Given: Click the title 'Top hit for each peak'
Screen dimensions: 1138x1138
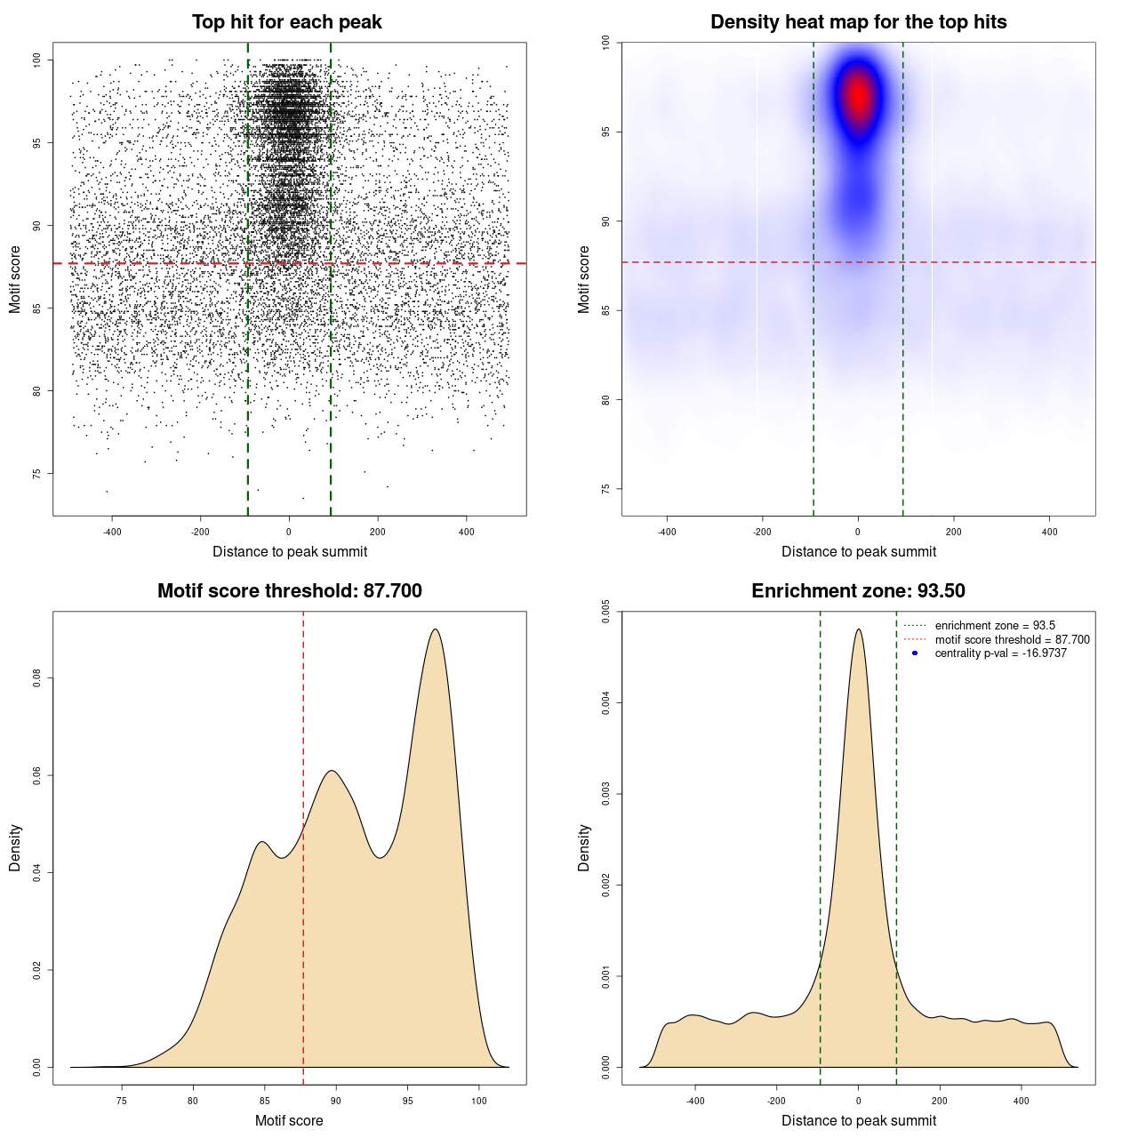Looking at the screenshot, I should (286, 22).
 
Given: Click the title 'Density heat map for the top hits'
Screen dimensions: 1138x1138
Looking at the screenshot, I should (858, 22).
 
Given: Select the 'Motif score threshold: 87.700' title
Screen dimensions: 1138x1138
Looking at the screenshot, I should (289, 591).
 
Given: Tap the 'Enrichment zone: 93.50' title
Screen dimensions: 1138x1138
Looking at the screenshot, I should (858, 591).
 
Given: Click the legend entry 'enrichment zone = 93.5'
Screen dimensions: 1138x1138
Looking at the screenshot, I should (995, 626).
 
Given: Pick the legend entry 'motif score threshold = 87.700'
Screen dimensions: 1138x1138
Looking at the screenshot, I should (1012, 640).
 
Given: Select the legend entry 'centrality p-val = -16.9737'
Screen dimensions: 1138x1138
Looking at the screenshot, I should (1000, 653).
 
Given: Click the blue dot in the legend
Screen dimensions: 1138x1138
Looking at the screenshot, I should (915, 653).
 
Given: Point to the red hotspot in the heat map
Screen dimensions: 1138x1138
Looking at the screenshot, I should (858, 96).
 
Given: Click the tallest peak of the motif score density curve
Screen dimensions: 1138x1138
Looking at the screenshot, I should (435, 629).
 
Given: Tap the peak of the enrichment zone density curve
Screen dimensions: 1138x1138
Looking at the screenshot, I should (858, 629).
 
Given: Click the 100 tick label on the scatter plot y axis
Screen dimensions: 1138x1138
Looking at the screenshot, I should (37, 60).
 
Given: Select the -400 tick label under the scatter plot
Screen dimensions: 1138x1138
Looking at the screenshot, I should (112, 533).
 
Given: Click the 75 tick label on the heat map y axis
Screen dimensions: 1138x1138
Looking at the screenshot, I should (606, 489).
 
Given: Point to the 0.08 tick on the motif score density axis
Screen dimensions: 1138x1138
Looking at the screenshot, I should (37, 678).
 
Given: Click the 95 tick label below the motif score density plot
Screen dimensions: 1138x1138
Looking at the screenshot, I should (407, 1102).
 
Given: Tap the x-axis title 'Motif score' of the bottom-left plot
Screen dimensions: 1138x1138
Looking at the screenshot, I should (289, 1120).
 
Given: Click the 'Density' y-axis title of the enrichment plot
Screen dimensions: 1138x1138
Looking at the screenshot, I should (584, 847).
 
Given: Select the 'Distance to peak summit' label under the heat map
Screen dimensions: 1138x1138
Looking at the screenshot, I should (858, 551).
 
